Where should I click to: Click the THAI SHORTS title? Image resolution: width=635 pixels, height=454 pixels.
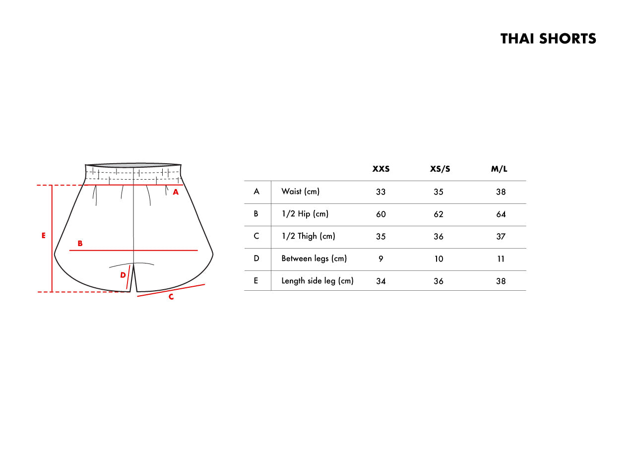tap(548, 39)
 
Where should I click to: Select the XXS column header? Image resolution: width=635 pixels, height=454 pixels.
tap(381, 169)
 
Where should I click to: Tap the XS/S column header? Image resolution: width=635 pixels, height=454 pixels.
tap(440, 169)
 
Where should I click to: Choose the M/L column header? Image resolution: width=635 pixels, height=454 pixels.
tap(499, 169)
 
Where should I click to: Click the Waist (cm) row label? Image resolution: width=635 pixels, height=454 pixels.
tap(300, 192)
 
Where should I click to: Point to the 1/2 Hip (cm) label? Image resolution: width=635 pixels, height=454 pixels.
tap(305, 213)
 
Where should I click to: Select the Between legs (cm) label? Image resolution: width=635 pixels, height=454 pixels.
tap(314, 259)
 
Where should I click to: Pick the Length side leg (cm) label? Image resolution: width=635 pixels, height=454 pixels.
tap(317, 281)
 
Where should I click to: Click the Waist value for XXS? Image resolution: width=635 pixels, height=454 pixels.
tap(381, 192)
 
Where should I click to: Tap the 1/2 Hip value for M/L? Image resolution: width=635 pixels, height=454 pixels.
tap(501, 214)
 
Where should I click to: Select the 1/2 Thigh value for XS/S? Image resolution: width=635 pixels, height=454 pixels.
tap(438, 237)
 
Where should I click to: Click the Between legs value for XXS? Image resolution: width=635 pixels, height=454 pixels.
tap(381, 259)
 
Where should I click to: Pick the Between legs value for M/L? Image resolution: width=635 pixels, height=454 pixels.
tap(501, 259)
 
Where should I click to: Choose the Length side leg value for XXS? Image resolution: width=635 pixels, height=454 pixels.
tap(381, 281)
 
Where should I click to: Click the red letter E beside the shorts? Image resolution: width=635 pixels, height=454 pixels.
tap(43, 235)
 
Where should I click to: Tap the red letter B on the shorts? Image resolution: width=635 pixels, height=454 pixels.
tap(80, 243)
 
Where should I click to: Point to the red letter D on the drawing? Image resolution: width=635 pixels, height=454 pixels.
tap(123, 275)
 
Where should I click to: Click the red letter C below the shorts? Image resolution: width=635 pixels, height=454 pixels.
tap(171, 297)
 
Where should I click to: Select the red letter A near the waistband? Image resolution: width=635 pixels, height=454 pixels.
tap(176, 192)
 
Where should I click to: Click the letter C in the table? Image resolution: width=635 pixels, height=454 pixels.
tap(256, 236)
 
